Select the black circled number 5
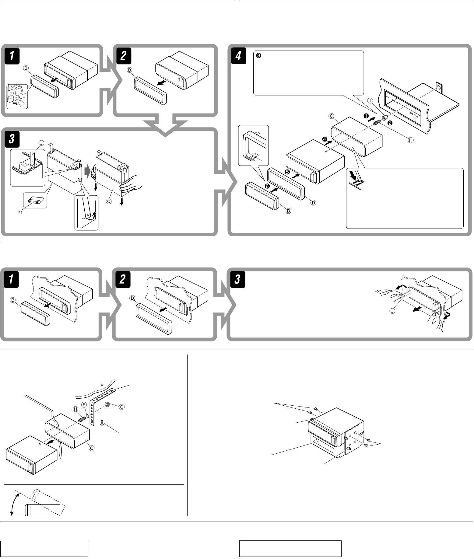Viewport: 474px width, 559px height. (x=287, y=172)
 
